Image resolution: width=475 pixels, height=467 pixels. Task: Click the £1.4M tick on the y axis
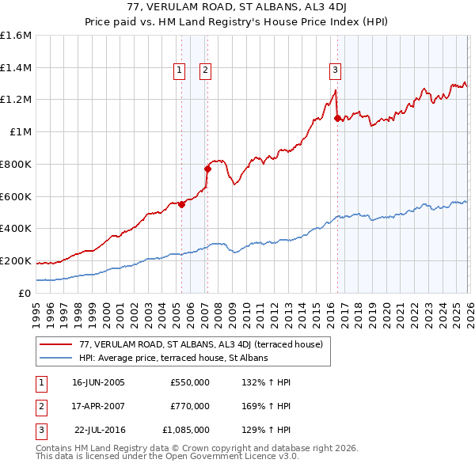coord(16,68)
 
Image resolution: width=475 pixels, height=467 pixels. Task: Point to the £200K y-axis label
coord(16,260)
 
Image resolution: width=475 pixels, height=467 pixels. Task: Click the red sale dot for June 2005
coord(181,204)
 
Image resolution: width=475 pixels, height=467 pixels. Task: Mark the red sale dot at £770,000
coord(207,169)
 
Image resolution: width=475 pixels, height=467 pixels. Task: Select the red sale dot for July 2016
coord(337,118)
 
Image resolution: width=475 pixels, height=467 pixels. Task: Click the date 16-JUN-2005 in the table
coord(97,382)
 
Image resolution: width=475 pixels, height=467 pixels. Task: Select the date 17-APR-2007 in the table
coord(97,406)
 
